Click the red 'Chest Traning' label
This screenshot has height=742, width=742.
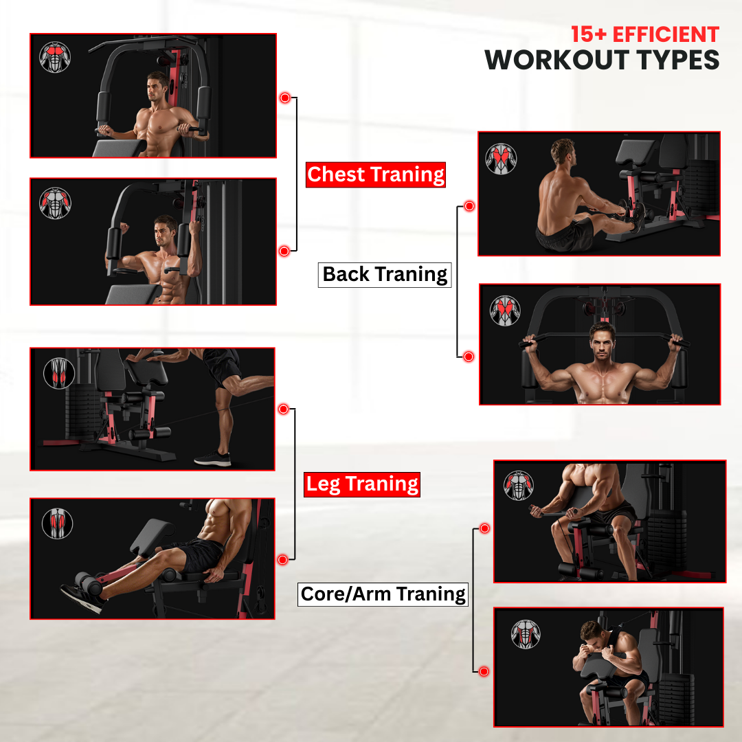[x=376, y=175]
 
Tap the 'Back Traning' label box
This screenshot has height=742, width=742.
[x=385, y=275]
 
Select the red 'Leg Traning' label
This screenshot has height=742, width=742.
[x=362, y=484]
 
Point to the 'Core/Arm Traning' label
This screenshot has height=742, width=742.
[x=383, y=594]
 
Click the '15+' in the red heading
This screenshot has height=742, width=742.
[x=589, y=34]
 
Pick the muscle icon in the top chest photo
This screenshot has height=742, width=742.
[x=55, y=57]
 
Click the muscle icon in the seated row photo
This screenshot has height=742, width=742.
[x=501, y=159]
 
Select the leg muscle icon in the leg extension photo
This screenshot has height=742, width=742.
[x=57, y=524]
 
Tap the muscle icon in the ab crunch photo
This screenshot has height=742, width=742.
[x=526, y=634]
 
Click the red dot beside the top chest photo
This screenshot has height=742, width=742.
[x=285, y=98]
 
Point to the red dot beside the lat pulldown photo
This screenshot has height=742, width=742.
[x=469, y=357]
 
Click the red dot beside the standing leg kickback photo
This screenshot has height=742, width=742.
[x=284, y=409]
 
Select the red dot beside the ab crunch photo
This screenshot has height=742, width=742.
[x=484, y=671]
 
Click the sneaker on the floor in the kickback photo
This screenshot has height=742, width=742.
[x=213, y=458]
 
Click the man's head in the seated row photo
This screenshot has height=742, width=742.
[x=563, y=151]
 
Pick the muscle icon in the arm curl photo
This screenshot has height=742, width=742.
[x=519, y=486]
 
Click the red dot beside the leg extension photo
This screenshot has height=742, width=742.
[x=283, y=561]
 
